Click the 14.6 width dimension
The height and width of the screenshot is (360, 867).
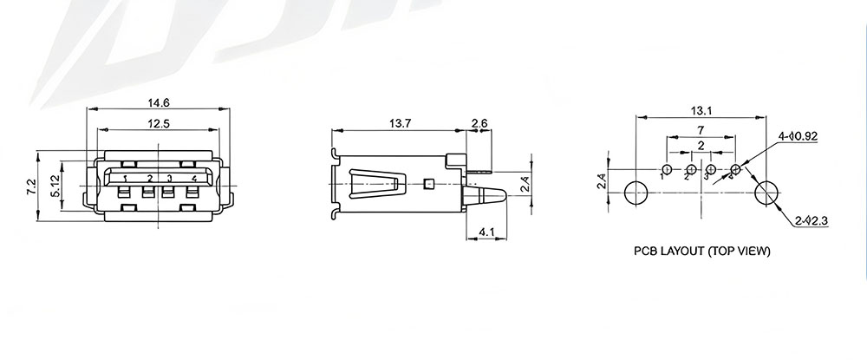pyautogui.click(x=158, y=102)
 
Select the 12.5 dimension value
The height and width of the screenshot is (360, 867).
pyautogui.click(x=158, y=124)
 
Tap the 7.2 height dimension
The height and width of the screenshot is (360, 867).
pyautogui.click(x=31, y=187)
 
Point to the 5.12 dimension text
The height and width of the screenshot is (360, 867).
pyautogui.click(x=54, y=186)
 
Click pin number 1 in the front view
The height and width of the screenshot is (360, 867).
pyautogui.click(x=126, y=179)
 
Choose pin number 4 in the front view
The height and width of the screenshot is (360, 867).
pyautogui.click(x=194, y=178)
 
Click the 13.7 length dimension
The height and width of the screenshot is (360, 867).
pyautogui.click(x=400, y=123)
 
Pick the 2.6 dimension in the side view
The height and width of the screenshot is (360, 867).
pyautogui.click(x=479, y=123)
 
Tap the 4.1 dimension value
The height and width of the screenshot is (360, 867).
pyautogui.click(x=486, y=232)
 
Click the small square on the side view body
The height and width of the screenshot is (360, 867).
pyautogui.click(x=428, y=184)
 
